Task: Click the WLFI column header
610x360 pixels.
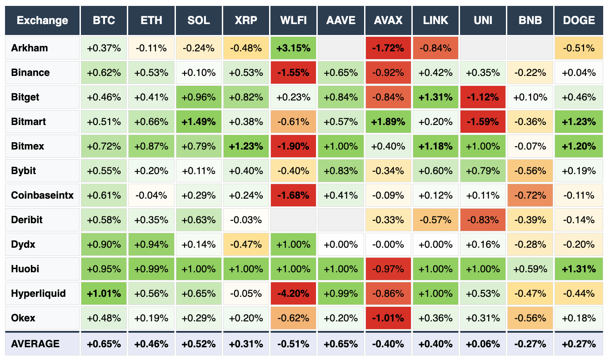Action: [x=293, y=20]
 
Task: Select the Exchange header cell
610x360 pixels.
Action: [x=42, y=20]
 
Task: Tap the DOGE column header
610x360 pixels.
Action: [x=579, y=20]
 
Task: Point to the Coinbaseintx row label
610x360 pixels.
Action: [x=42, y=195]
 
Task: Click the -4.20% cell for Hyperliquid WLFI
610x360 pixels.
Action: [x=293, y=294]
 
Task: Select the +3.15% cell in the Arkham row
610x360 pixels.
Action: [x=293, y=48]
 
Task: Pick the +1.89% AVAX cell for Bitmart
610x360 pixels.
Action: [x=389, y=122]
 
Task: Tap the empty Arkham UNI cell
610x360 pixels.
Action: [x=483, y=48]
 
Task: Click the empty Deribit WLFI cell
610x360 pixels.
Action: [x=293, y=220]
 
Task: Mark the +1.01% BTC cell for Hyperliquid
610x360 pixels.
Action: [x=104, y=294]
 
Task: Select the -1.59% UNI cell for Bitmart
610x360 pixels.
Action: [x=483, y=122]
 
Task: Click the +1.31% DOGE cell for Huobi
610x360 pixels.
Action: [x=579, y=269]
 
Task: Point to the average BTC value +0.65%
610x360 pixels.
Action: [x=104, y=344]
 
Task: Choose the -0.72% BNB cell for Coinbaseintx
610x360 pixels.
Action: [x=530, y=195]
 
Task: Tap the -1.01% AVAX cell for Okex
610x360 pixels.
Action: [x=389, y=318]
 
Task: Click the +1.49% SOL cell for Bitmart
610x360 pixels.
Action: [x=199, y=122]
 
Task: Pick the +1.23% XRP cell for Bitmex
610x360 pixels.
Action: [x=246, y=146]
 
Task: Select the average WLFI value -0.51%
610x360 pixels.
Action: [x=293, y=344]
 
